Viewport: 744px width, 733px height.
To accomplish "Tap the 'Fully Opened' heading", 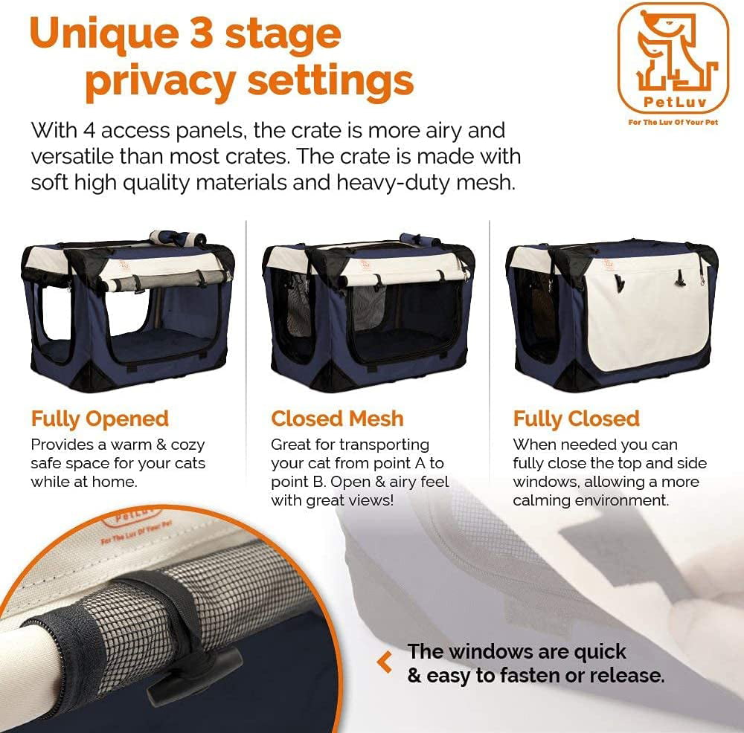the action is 100,419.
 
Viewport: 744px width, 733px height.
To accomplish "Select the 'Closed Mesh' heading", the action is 337,419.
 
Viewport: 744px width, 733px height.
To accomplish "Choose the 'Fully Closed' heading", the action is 577,419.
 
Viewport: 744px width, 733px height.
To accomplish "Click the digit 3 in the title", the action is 201,33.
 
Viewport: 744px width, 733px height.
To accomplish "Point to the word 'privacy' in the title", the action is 159,82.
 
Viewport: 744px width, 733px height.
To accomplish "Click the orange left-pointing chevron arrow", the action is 385,662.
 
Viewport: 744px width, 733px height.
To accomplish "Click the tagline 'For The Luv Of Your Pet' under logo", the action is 673,123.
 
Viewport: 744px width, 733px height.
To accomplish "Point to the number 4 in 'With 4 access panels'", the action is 89,131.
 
